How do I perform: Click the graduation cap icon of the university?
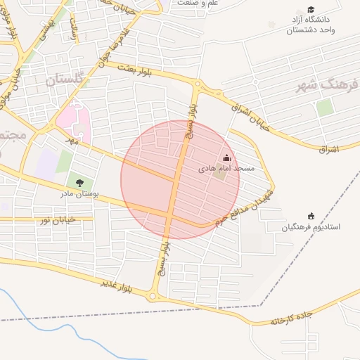point(310,9)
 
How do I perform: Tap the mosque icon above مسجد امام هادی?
point(226,158)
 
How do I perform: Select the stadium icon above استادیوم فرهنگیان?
point(311,216)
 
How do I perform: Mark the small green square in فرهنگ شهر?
point(324,108)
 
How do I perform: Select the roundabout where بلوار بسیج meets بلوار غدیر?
point(153,296)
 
